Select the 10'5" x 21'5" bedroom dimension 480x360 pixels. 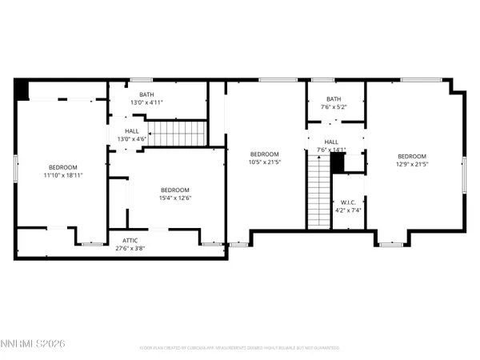(x=264, y=162)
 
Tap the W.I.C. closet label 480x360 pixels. (x=348, y=202)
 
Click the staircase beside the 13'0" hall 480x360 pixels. (x=178, y=134)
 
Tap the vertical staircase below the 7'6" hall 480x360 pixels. (x=318, y=190)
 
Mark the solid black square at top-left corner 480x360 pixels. (x=22, y=89)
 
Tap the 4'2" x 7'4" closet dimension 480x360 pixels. (x=348, y=210)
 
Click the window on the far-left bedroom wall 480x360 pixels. (x=15, y=170)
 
